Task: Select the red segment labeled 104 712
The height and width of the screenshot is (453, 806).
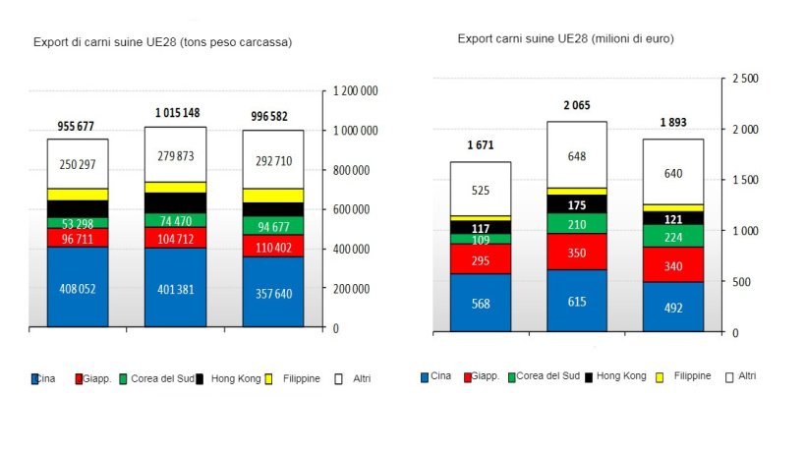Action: click(175, 237)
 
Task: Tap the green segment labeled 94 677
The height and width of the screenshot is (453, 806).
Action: click(272, 225)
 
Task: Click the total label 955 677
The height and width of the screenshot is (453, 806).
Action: click(77, 126)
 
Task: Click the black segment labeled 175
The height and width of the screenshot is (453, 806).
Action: click(577, 204)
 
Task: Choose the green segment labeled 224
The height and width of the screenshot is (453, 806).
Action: click(673, 236)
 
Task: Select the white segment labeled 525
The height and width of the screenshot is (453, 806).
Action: click(481, 190)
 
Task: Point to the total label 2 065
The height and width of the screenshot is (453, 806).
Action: click(577, 104)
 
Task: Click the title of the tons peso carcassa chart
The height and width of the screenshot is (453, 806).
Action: click(163, 42)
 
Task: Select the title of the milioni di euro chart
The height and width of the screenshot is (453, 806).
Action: click(565, 38)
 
